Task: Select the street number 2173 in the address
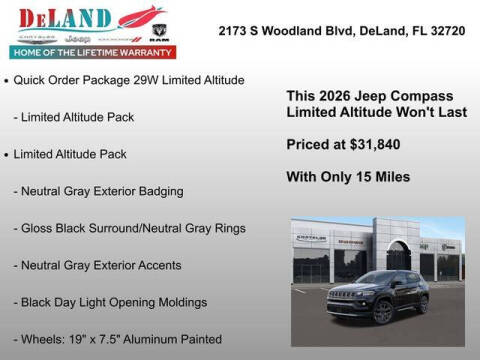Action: tap(233, 31)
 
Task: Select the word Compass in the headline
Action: tap(417, 95)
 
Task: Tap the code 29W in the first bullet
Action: tap(127, 79)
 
